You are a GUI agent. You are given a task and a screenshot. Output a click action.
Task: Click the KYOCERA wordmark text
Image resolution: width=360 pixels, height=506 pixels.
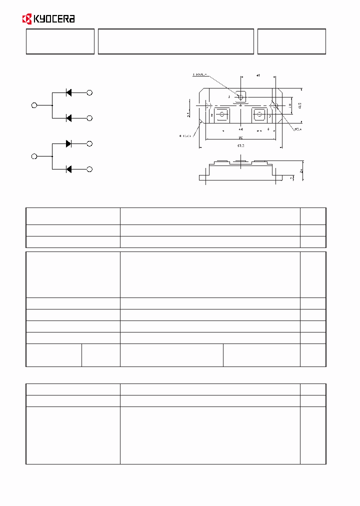pyautogui.click(x=53, y=19)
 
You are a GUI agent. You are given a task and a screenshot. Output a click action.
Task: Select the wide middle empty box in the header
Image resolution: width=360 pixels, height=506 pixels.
pyautogui.click(x=176, y=41)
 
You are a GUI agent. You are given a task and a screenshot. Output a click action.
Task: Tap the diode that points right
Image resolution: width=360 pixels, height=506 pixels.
pyautogui.click(x=68, y=143)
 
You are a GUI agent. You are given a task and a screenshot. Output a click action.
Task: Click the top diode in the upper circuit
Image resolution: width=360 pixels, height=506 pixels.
pyautogui.click(x=68, y=92)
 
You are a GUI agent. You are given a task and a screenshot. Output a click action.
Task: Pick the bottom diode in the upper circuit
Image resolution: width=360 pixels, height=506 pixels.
pyautogui.click(x=68, y=118)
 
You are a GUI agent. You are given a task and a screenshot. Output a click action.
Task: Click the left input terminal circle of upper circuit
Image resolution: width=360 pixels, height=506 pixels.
pyautogui.click(x=34, y=105)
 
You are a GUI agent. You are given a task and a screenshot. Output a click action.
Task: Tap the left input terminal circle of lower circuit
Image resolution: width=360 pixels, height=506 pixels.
pyautogui.click(x=34, y=156)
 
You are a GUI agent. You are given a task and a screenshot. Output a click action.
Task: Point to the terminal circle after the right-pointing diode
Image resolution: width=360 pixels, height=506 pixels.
pyautogui.click(x=90, y=143)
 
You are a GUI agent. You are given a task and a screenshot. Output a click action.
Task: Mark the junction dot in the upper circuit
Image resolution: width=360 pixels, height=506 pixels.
pyautogui.click(x=52, y=105)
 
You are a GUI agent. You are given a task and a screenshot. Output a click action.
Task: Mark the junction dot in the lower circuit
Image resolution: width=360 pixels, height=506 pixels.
pyautogui.click(x=52, y=156)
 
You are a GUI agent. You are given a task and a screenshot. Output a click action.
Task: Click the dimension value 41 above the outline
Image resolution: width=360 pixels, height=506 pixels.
pyautogui.click(x=258, y=75)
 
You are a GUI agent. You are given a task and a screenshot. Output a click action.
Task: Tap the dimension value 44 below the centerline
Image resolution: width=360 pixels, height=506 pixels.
pyautogui.click(x=240, y=129)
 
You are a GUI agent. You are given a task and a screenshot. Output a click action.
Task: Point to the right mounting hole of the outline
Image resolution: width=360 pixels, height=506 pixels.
pyautogui.click(x=274, y=105)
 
